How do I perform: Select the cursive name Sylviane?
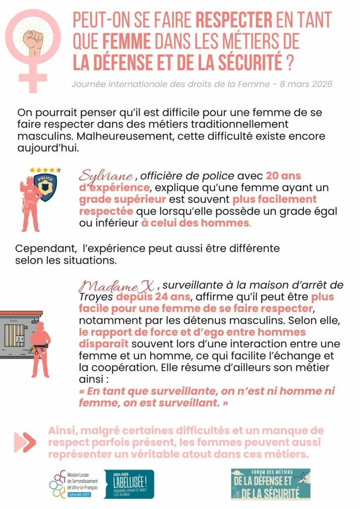coord(106,176)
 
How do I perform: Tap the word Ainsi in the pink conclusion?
coord(64,430)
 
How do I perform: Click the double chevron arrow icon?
coord(25,442)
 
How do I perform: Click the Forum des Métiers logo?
coord(270,484)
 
